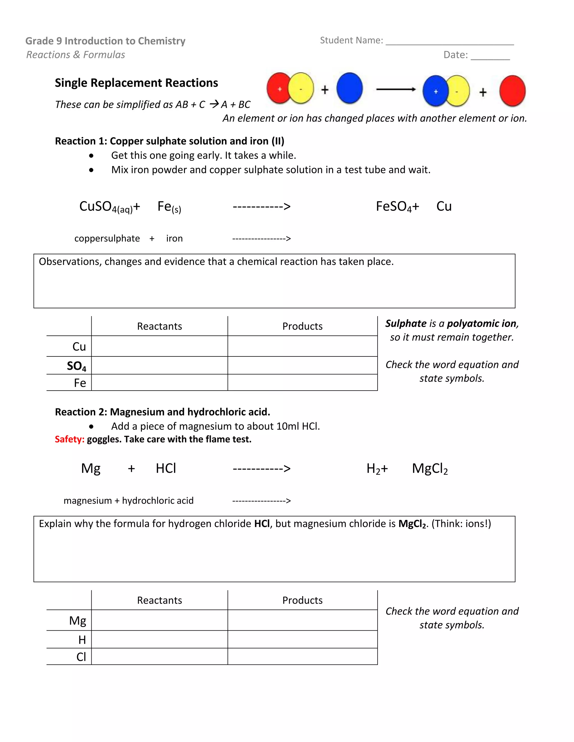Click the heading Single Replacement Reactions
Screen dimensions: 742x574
pos(136,83)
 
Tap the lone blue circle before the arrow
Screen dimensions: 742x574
pos(350,88)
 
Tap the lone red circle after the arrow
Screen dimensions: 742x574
pos(512,91)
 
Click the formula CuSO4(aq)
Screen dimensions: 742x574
pos(106,207)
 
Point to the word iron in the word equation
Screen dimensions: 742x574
pos(174,239)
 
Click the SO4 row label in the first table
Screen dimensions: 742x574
pos(77,366)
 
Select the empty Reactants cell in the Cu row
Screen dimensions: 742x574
pos(159,346)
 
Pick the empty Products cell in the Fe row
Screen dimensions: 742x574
pos(302,382)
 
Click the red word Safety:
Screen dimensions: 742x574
pos(70,439)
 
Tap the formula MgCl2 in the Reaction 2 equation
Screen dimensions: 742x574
pos(430,468)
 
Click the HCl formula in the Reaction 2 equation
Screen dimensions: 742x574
pos(166,468)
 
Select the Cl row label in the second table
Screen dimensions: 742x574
pos(81,657)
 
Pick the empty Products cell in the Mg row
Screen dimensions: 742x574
pos(302,620)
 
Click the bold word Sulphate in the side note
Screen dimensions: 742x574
pos(406,323)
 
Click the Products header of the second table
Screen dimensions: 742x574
pos(302,600)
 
